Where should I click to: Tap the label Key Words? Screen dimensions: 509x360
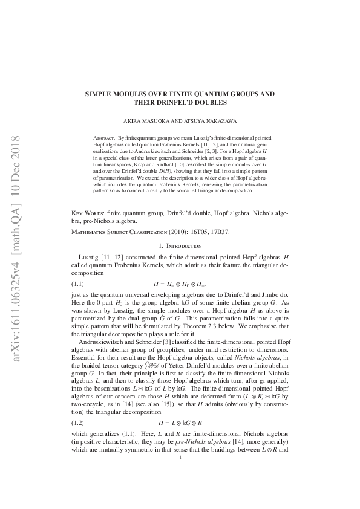(86, 213)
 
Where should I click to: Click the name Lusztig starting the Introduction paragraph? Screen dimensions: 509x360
(92, 257)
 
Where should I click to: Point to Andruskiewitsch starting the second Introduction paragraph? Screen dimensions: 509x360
(103, 335)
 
